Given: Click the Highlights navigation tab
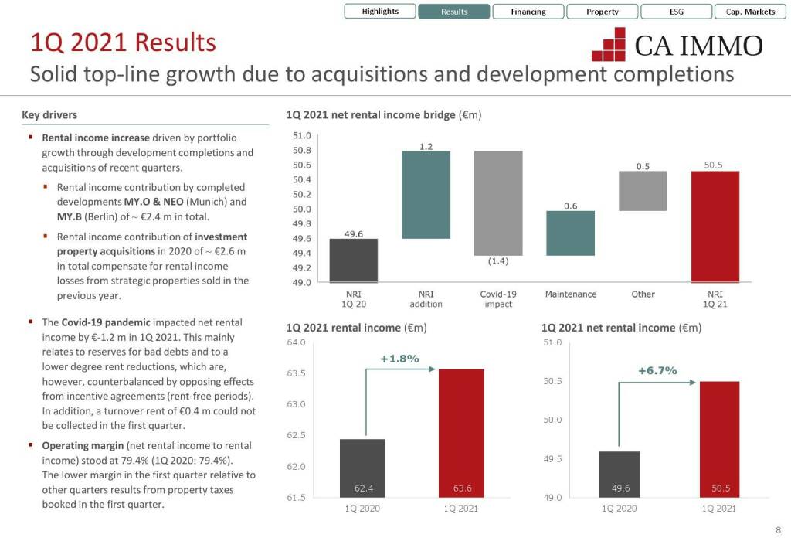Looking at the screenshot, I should pyautogui.click(x=380, y=12).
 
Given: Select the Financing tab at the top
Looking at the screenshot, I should pyautogui.click(x=528, y=12).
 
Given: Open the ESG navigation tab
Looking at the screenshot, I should pyautogui.click(x=677, y=12).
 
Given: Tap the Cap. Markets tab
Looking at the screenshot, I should pyautogui.click(x=750, y=12).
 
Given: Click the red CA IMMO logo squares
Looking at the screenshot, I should pyautogui.click(x=608, y=45).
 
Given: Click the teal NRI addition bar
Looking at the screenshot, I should pyautogui.click(x=426, y=195).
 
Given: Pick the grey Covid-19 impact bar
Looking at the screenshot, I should pyautogui.click(x=498, y=203).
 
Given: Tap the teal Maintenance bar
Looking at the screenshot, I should pyautogui.click(x=570, y=233).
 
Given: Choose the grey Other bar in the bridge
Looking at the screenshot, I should pyautogui.click(x=643, y=191).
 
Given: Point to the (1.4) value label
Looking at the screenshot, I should pyautogui.click(x=498, y=261).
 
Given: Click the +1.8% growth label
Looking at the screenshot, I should pyautogui.click(x=399, y=359).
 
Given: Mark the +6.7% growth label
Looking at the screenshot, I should pyautogui.click(x=657, y=371).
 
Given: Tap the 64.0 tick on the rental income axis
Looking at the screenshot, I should pyautogui.click(x=296, y=342).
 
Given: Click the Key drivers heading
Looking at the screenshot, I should pyautogui.click(x=49, y=115).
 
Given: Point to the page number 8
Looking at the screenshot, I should pyautogui.click(x=778, y=530).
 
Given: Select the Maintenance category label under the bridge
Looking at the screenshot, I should pyautogui.click(x=570, y=294).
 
